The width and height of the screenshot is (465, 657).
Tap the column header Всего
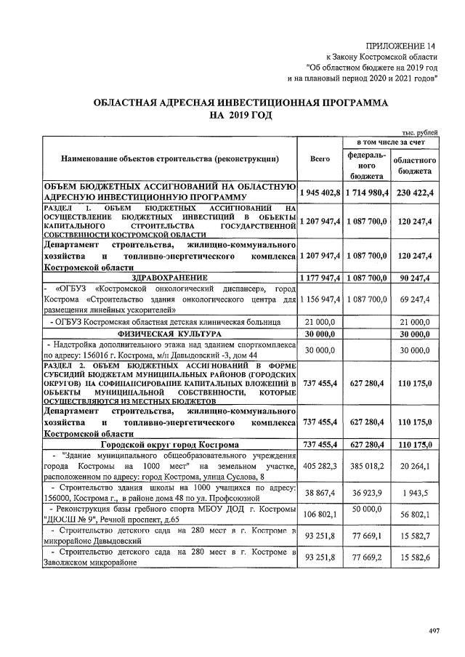[320, 158]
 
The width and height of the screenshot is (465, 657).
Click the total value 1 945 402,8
[320, 193]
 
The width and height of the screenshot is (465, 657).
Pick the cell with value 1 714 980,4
[366, 193]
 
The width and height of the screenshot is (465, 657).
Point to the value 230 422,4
[415, 193]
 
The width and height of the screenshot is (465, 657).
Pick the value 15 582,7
[415, 539]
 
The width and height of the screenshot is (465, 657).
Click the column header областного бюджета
[415, 165]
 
